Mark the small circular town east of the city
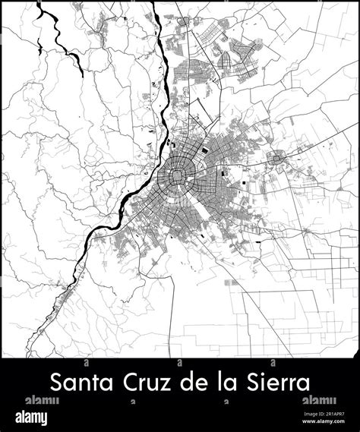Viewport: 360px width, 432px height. coord(278,158)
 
